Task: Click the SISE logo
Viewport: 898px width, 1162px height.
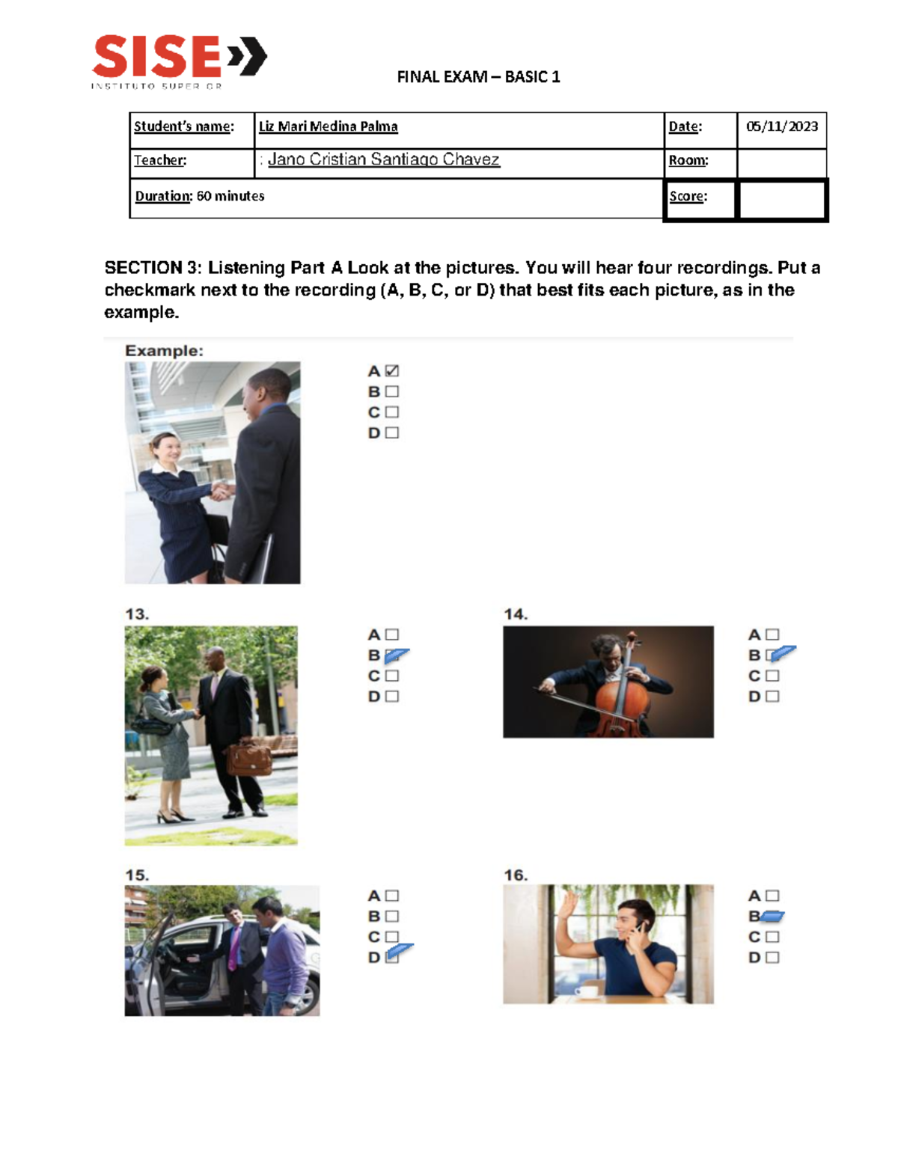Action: (x=178, y=60)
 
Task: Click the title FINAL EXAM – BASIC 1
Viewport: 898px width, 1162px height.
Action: (x=478, y=77)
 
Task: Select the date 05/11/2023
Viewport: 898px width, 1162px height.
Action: (x=781, y=126)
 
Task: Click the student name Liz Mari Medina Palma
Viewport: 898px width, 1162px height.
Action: (x=328, y=126)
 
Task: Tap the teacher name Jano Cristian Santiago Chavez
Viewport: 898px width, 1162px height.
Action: (x=383, y=159)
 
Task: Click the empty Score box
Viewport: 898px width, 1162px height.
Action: (x=782, y=200)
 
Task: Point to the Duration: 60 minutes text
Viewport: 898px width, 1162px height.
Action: (x=200, y=196)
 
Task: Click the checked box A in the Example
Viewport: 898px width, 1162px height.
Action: (x=392, y=371)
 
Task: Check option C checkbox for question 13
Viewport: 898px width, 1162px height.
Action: (x=392, y=676)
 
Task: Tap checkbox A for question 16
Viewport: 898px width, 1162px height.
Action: (x=772, y=896)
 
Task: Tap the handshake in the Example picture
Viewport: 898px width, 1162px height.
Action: (x=222, y=491)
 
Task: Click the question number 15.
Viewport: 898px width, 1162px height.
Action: (x=137, y=875)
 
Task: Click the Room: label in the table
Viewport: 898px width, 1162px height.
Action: (x=688, y=160)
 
